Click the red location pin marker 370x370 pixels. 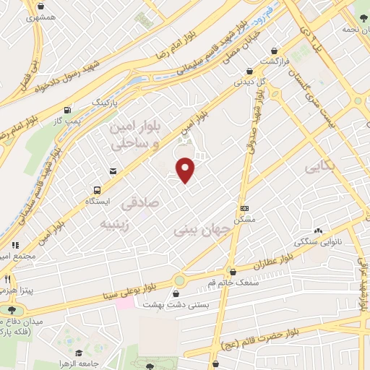pyautogui.click(x=186, y=171)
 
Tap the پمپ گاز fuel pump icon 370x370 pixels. pyautogui.click(x=67, y=111)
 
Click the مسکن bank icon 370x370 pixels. pyautogui.click(x=244, y=207)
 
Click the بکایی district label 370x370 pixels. pyautogui.click(x=321, y=168)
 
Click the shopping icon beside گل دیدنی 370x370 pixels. pyautogui.click(x=249, y=72)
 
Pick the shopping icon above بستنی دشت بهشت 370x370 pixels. pyautogui.click(x=176, y=293)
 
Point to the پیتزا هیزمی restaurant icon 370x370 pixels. pyautogui.click(x=7, y=279)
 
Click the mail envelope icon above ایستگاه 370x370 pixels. pyautogui.click(x=113, y=171)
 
